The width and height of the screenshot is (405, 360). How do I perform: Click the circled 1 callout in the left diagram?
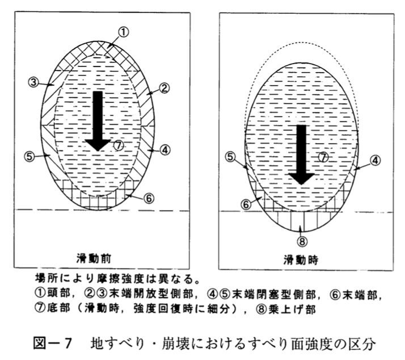click(x=124, y=32)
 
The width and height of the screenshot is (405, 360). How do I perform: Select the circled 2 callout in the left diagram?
click(x=164, y=89)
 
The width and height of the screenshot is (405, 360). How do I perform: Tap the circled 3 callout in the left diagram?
click(x=33, y=83)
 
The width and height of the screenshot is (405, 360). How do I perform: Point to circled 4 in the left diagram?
click(x=165, y=150)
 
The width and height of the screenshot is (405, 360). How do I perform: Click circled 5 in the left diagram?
click(x=29, y=157)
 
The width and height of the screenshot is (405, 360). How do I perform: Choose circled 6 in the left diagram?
click(x=149, y=198)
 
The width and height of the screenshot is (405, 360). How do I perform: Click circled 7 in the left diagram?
click(x=119, y=145)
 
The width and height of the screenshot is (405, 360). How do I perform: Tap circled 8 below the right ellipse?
click(x=302, y=241)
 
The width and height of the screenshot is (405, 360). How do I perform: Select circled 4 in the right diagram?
click(x=375, y=161)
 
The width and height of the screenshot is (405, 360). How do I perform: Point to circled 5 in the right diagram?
click(x=230, y=157)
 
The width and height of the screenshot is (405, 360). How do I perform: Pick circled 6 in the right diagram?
click(x=246, y=204)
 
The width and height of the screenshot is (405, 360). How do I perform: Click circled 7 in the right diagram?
click(x=323, y=157)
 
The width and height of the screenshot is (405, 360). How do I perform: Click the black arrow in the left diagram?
click(x=98, y=121)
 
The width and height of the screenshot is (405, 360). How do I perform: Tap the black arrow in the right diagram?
click(x=301, y=154)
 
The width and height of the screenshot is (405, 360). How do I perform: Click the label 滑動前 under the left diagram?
click(x=94, y=258)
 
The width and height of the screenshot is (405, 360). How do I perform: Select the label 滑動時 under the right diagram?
click(x=301, y=259)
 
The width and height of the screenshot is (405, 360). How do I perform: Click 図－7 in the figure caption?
click(x=52, y=344)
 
